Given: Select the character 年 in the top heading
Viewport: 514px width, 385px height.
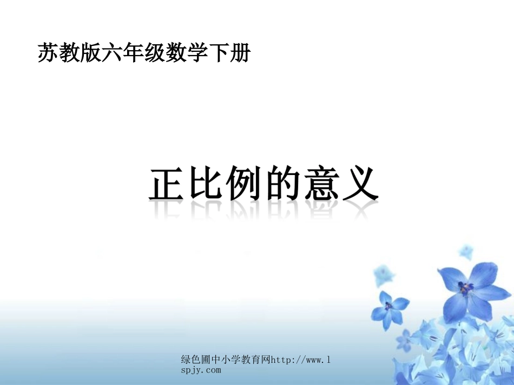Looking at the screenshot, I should point(133,53).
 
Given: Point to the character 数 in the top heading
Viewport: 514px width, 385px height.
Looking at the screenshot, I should point(175,53).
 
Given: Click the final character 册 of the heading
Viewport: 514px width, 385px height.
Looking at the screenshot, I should point(239,53).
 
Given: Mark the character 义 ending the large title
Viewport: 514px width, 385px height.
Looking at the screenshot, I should point(358,185).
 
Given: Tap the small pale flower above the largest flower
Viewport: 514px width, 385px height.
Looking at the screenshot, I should point(465,251).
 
